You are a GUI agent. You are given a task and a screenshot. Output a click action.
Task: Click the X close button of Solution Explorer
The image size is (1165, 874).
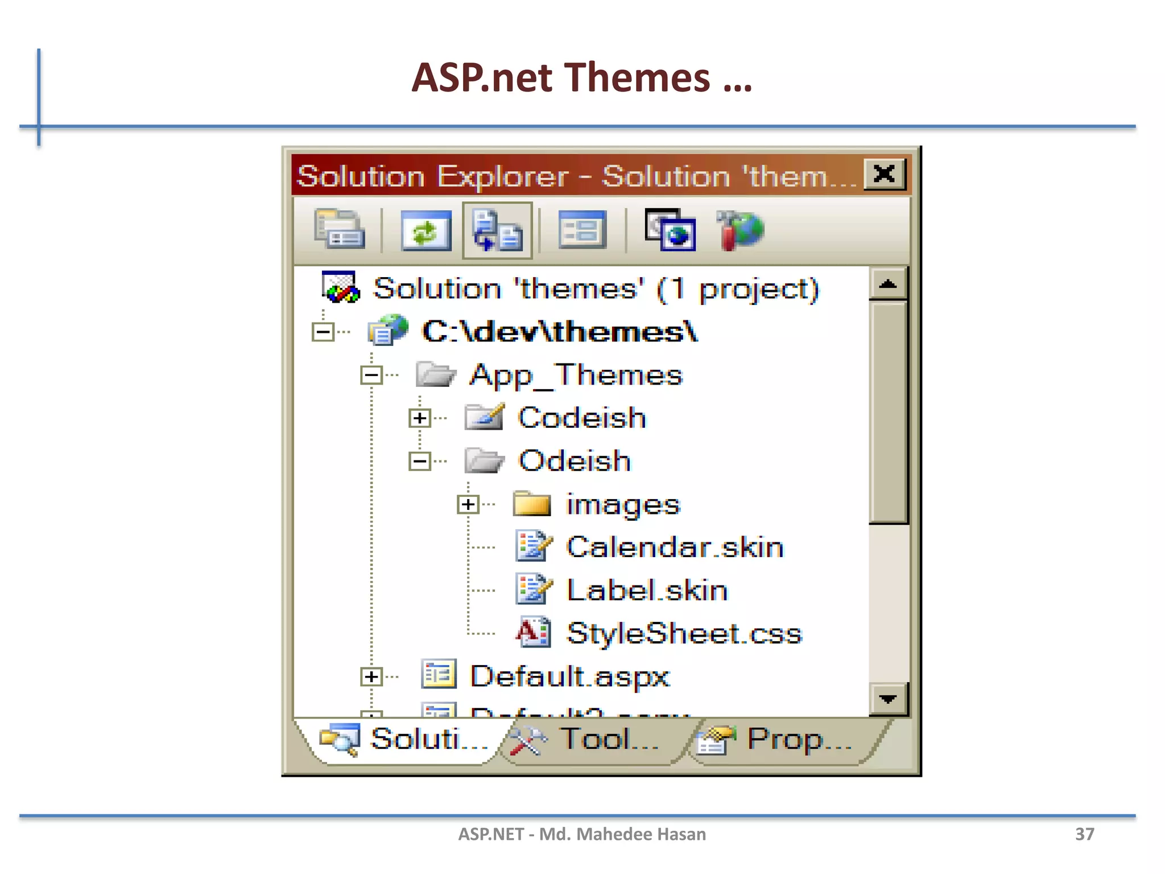coord(884,174)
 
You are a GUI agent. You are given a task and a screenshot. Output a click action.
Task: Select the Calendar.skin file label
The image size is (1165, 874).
coord(675,547)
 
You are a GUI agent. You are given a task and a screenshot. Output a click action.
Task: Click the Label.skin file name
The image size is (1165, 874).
coord(647,590)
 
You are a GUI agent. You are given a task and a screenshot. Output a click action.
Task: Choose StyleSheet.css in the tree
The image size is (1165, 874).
coord(684,633)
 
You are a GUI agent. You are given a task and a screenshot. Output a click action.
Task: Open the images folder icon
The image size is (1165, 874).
coord(532,504)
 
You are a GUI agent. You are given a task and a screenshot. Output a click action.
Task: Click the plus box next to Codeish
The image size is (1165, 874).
coord(420,418)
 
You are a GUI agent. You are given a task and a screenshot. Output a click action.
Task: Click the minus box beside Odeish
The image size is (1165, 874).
coord(420,461)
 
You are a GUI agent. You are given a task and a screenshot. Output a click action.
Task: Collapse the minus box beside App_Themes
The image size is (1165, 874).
coord(371,375)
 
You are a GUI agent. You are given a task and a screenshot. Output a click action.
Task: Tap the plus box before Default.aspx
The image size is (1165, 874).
coord(371,677)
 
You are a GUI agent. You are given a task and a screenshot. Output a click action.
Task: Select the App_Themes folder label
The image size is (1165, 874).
coord(576,375)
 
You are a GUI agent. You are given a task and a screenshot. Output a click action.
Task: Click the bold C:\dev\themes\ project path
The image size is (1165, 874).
coord(560,332)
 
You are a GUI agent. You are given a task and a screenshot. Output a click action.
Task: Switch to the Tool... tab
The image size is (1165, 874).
coord(609,739)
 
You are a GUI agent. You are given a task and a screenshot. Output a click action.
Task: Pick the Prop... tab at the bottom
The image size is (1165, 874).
coord(799,739)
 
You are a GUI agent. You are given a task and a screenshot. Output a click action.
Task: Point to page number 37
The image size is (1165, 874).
coord(1084,834)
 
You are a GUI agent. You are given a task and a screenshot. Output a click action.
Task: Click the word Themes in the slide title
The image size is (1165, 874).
coord(638,78)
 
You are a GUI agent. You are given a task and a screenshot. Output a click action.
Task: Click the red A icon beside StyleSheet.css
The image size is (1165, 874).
coord(532,633)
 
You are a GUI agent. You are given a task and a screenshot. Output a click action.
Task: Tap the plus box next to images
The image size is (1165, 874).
coord(468,504)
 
